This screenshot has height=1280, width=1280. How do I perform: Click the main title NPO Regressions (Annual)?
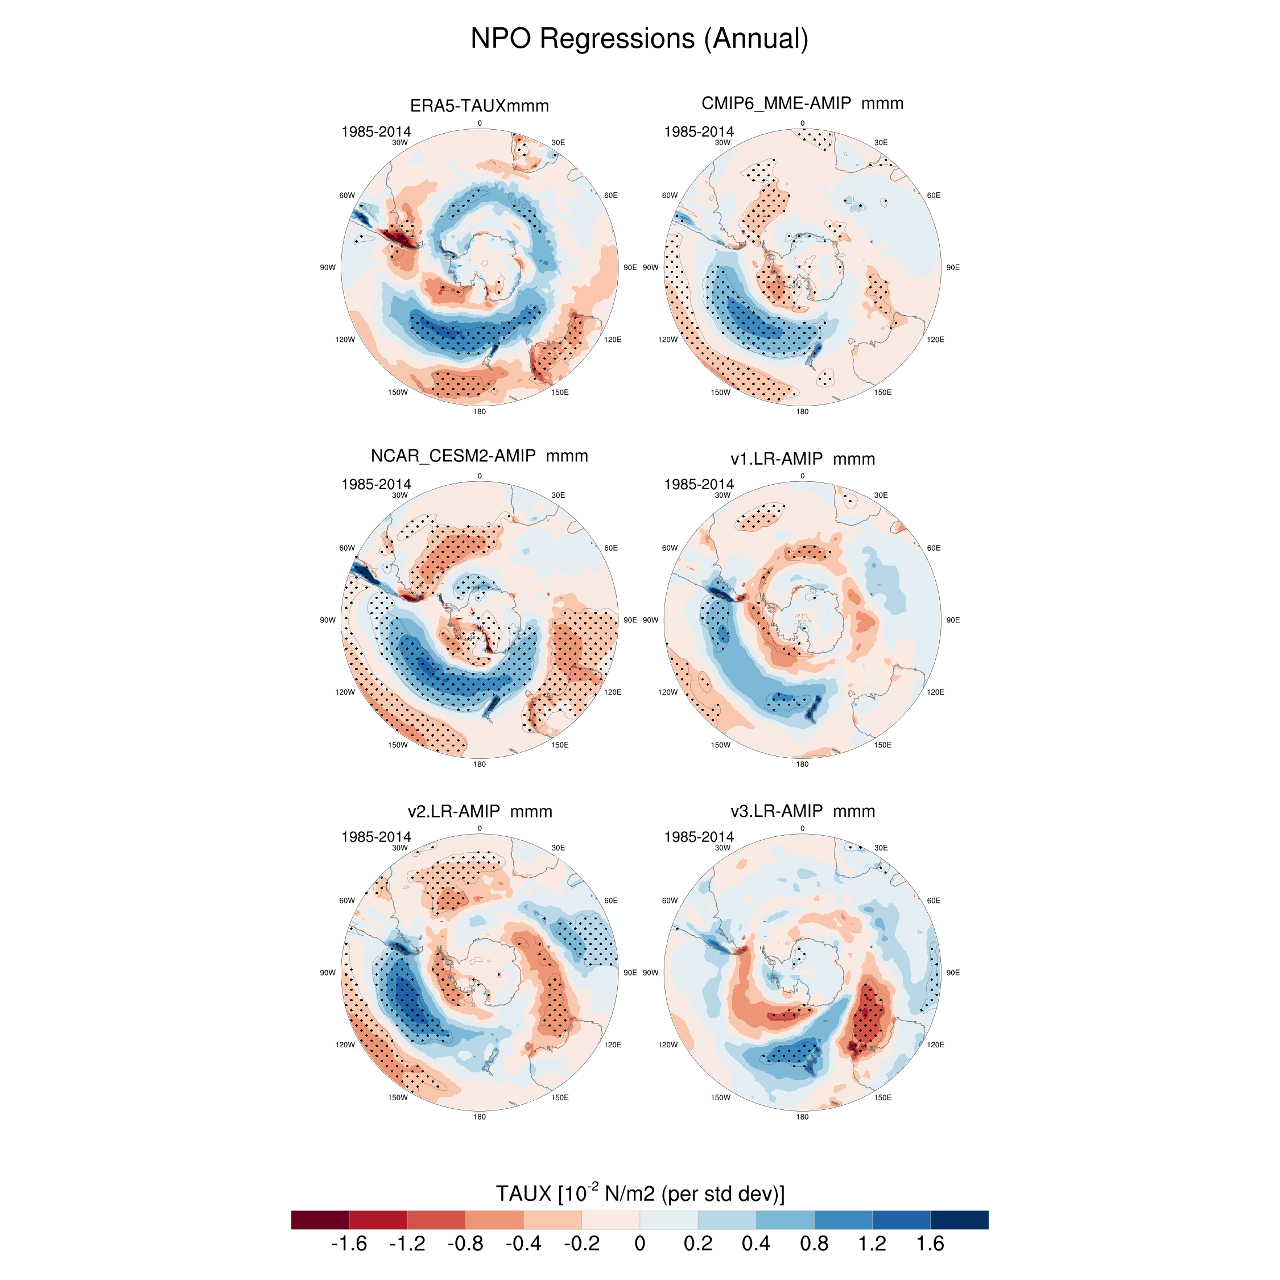639,39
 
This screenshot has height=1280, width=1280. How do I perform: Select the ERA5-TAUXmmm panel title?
479,106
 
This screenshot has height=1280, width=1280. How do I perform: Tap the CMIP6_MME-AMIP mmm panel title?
802,104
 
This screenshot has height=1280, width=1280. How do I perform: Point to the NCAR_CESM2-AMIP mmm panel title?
479,456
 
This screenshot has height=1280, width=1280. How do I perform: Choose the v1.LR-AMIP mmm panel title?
802,459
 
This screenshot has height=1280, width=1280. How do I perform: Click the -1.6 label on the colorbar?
349,1244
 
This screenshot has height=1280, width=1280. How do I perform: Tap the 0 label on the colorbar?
639,1244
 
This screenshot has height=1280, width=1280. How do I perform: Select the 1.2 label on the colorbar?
872,1244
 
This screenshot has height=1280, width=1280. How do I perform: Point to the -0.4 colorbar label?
523,1244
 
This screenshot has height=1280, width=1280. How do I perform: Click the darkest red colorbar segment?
320,1220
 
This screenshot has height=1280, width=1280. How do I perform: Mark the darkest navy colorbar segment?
959,1220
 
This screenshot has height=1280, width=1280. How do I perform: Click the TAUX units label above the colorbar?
639,1193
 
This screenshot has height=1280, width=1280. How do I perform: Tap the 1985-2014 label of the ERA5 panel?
375,132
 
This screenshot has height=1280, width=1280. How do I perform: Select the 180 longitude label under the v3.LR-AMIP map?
802,1117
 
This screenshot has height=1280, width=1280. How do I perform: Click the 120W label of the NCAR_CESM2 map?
345,692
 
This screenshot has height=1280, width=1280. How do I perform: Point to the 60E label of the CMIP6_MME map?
934,196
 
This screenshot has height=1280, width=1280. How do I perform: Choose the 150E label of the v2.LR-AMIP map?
560,1098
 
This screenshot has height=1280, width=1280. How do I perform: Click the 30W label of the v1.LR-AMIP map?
722,496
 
